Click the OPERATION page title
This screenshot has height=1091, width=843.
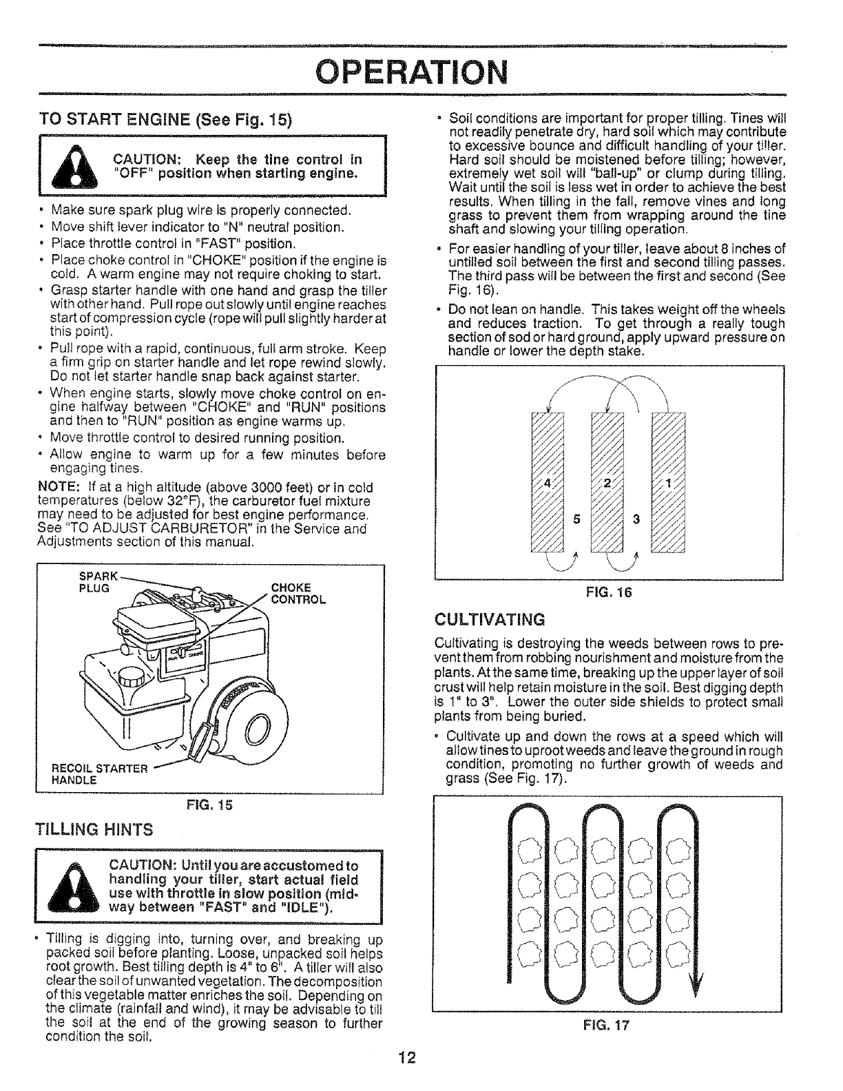coord(421,70)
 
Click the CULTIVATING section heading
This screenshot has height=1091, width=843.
coord(490,619)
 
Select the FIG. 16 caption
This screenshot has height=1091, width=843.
coord(607,592)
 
